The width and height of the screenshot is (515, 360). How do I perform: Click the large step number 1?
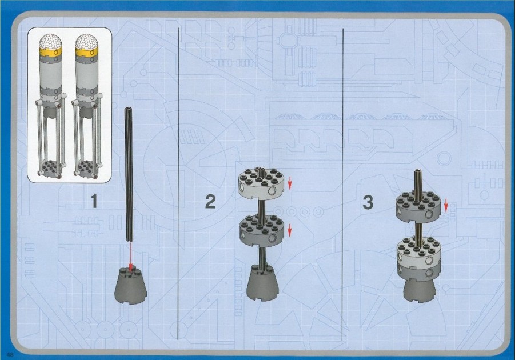94,201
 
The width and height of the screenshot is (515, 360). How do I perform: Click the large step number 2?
210,201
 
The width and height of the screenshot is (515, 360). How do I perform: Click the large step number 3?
368,202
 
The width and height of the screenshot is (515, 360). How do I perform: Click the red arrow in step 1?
130,257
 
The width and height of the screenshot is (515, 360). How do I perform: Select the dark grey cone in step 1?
131,286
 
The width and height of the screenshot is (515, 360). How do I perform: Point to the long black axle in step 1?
129,174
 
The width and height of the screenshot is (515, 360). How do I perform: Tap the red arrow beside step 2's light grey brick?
289,183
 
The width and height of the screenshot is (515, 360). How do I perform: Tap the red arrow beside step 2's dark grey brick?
289,230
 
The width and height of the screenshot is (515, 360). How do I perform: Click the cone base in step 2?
262,282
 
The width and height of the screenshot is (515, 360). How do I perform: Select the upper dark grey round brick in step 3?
418,207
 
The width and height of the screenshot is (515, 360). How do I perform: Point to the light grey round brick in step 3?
419,251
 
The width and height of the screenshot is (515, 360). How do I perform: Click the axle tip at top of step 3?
418,171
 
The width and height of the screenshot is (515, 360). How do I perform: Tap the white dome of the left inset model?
50,41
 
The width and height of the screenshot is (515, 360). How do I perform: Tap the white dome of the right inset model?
87,41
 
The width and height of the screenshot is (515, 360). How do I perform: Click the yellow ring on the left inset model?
50,51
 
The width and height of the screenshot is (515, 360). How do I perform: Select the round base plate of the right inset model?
87,168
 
